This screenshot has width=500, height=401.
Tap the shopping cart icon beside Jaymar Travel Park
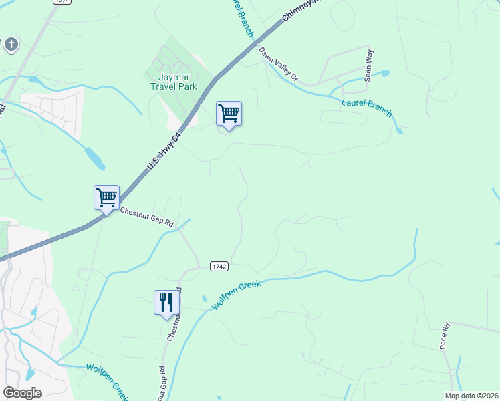tap(229, 114)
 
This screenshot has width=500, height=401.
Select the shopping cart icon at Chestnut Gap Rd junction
tap(106, 198)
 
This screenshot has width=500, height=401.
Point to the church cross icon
tap(11, 45)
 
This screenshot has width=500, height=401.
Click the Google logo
tap(22, 393)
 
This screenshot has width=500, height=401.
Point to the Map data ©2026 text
tap(471, 396)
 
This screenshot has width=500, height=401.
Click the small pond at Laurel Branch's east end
tap(399, 130)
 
